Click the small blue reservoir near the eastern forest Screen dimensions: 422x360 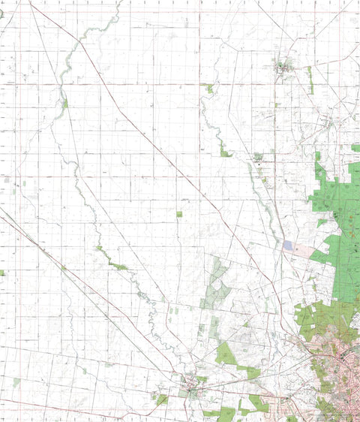pos(289,246)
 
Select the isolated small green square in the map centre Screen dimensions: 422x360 pos(179,214)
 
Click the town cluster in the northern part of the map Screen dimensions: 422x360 pos(283,68)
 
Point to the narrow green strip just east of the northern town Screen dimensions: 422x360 pos(310,79)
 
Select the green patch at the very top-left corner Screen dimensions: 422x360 pos(1,14)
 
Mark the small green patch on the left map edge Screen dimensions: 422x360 pos(2,273)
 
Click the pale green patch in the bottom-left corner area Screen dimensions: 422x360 pos(16,382)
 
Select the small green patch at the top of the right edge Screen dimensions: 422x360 pos(355,148)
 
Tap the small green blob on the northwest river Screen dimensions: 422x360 pos(64,104)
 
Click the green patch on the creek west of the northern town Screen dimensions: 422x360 pos(208,88)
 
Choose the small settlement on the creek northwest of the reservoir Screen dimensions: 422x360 pos(259,158)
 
